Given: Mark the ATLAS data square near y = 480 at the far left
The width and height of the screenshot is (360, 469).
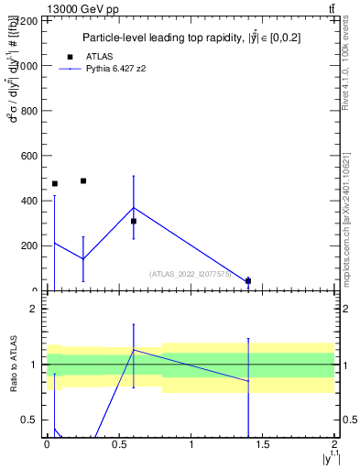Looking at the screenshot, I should point(55,183).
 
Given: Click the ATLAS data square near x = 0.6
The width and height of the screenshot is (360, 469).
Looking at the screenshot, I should point(134,221).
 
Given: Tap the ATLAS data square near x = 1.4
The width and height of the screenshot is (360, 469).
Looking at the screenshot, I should point(248,280).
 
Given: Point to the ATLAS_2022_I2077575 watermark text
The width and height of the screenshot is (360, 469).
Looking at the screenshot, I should point(190,274).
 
